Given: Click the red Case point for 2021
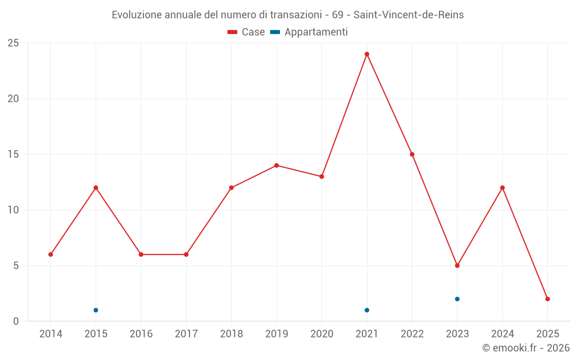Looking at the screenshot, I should pyautogui.click(x=367, y=54).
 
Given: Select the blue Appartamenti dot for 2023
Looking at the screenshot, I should pyautogui.click(x=457, y=299).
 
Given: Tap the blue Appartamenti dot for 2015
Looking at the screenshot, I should pyautogui.click(x=96, y=310).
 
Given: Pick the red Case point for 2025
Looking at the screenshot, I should pyautogui.click(x=548, y=299).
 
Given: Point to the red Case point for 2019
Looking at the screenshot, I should pyautogui.click(x=276, y=165).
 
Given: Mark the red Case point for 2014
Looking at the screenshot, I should pyautogui.click(x=51, y=255).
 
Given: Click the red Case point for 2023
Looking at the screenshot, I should pyautogui.click(x=457, y=266).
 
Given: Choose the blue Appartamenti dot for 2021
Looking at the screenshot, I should pyautogui.click(x=367, y=310).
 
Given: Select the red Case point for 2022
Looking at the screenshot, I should pyautogui.click(x=412, y=154).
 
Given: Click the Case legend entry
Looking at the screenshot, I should pyautogui.click(x=247, y=32).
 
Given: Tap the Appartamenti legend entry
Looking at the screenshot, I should pyautogui.click(x=309, y=32).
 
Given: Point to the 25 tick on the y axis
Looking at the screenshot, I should pyautogui.click(x=13, y=43).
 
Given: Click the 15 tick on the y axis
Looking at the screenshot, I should pyautogui.click(x=13, y=154).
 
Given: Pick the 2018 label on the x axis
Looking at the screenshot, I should pyautogui.click(x=231, y=334).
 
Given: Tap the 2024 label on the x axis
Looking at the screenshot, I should pyautogui.click(x=502, y=334).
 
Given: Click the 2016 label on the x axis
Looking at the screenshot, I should pyautogui.click(x=141, y=334).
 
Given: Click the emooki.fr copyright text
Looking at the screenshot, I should pyautogui.click(x=525, y=348).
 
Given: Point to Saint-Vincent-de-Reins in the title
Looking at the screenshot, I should pyautogui.click(x=408, y=15).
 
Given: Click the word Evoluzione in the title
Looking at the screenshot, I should pyautogui.click(x=137, y=15).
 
